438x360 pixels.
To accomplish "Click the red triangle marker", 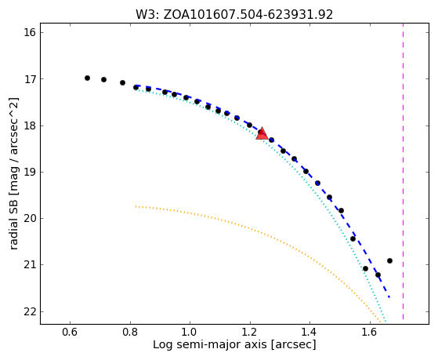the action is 262,133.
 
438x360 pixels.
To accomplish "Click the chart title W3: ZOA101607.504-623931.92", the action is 234,15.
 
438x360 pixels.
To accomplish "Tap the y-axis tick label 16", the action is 30,32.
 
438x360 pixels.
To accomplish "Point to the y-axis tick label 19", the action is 30,172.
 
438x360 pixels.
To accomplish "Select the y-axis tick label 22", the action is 30,311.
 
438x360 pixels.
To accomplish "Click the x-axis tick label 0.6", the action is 70,332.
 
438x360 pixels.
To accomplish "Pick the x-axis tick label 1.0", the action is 190,332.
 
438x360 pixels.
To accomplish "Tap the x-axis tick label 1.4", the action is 309,332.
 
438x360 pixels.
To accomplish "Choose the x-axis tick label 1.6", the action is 370,332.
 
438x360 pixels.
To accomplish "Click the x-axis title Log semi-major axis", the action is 210,344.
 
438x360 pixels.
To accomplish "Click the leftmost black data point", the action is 87,78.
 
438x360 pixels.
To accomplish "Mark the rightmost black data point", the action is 389,260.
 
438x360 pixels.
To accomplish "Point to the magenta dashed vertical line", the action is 403,171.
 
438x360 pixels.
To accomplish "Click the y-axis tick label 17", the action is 30,79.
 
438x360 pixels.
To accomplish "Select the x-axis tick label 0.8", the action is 130,332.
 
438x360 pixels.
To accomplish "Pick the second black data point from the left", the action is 103,80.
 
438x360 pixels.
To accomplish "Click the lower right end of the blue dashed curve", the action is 389,297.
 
